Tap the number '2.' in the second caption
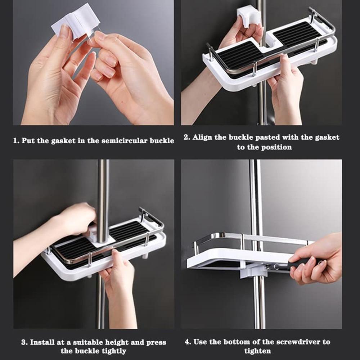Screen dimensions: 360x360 pos(187,137)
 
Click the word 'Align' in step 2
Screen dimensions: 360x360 pos(204,137)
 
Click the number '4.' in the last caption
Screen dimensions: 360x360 pos(188,342)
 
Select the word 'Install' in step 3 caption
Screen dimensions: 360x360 pos(42,342)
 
